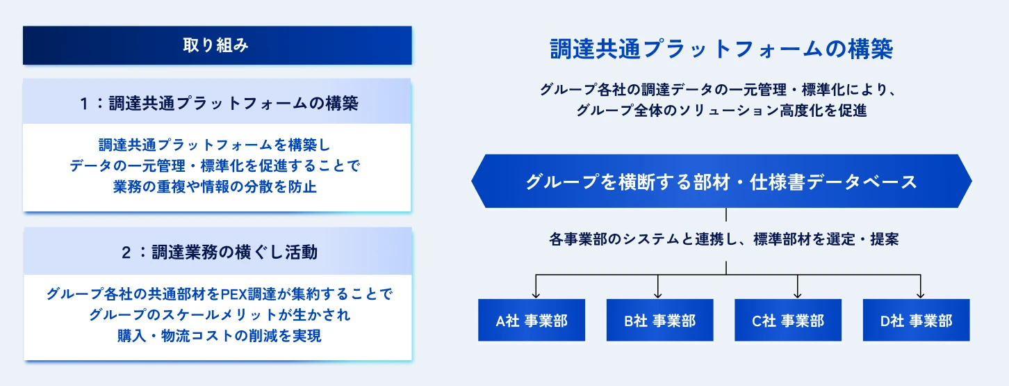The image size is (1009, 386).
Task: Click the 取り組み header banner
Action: tap(217, 45)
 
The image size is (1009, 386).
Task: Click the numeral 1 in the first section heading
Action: tap(84, 104)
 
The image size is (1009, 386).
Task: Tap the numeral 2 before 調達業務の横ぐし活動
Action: tap(126, 253)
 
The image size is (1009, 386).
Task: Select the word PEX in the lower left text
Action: tap(233, 294)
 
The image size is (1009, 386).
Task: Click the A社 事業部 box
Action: tap(532, 320)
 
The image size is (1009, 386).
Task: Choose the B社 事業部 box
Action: tap(660, 320)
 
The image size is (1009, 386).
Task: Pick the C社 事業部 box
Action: tap(788, 320)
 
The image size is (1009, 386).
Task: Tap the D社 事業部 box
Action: tap(916, 320)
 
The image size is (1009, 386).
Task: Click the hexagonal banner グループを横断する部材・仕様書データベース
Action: tap(721, 182)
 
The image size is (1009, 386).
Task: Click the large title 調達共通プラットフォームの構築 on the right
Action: tap(721, 49)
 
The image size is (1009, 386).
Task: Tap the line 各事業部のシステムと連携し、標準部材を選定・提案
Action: tap(723, 239)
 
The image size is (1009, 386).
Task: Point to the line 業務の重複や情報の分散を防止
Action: tap(215, 186)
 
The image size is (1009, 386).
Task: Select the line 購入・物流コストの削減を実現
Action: tap(220, 336)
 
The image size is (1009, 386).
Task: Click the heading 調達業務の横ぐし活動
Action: tap(235, 252)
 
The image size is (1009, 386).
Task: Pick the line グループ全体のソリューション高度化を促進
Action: tap(721, 111)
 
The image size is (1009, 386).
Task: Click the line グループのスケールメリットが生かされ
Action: tap(220, 315)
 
